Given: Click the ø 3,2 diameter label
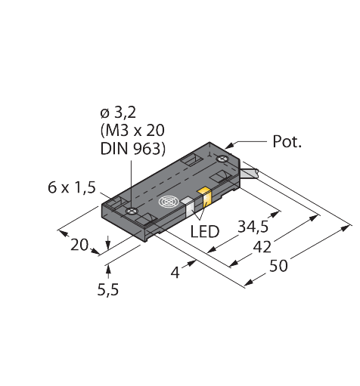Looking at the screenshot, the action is pos(118,113).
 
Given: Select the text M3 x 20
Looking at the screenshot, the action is pos(135,131).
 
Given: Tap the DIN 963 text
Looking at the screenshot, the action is pos(130,149).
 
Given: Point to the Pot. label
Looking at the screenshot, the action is pos(287,141).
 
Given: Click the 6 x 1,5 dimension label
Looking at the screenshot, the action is pos(72,187).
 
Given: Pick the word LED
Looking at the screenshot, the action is pos(204,232).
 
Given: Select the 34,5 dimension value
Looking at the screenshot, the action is pos(253,227).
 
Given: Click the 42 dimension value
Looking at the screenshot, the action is pos(262,247).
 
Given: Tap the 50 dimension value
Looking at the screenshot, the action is pos(278,266).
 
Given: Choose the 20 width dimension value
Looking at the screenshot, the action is pos(79,245).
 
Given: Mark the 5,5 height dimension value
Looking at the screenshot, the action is pos(108,290).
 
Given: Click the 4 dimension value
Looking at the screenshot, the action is pos(175,273).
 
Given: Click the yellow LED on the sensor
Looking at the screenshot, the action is pos(206,197).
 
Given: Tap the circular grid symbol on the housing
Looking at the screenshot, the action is pos(169,202).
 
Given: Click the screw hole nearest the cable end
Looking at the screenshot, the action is pos(222,159).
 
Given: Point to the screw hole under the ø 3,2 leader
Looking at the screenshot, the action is pos(132,211).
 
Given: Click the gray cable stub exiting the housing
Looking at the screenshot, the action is pos(250,174).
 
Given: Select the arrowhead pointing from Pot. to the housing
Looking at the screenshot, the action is pos(229,146).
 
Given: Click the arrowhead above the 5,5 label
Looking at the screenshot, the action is pos(108,269).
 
